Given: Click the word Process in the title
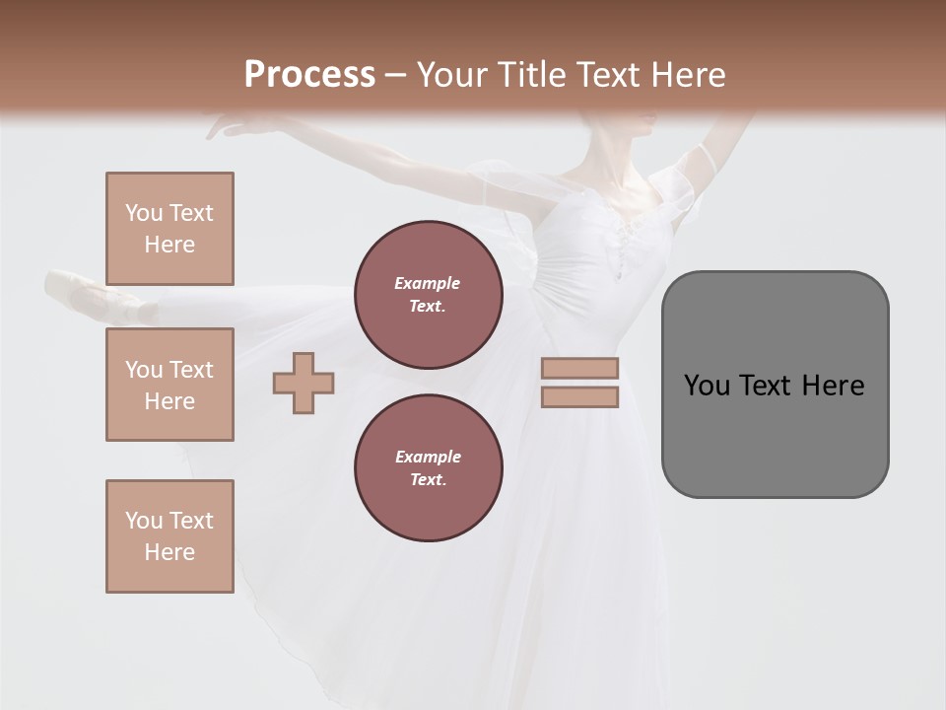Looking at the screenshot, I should tap(309, 75).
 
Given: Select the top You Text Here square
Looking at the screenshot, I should tap(169, 229).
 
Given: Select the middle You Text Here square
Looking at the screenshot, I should tap(169, 385).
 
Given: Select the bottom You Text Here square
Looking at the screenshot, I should tap(169, 535).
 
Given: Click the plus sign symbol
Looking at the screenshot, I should tap(304, 383).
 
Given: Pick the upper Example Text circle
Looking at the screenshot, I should tap(428, 295).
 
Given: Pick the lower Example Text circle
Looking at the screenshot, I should tap(428, 468).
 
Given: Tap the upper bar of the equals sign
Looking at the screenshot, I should tap(579, 368).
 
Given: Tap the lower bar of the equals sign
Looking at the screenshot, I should tap(579, 396).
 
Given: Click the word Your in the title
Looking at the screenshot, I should tap(449, 75).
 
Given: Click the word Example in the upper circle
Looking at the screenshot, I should tap(427, 283).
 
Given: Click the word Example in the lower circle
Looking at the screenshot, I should tap(428, 457).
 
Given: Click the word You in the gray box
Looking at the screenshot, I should tap(707, 386).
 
